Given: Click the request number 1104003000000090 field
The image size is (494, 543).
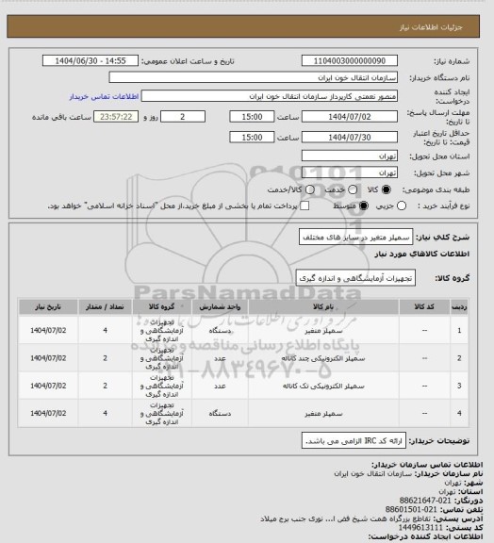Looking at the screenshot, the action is coord(348,60).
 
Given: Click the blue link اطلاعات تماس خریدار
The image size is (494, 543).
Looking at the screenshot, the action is coord(104,96).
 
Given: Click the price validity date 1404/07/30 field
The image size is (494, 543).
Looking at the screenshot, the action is coord(348,137).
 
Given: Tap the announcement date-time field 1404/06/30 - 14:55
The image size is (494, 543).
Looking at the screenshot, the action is coord(92,60).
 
